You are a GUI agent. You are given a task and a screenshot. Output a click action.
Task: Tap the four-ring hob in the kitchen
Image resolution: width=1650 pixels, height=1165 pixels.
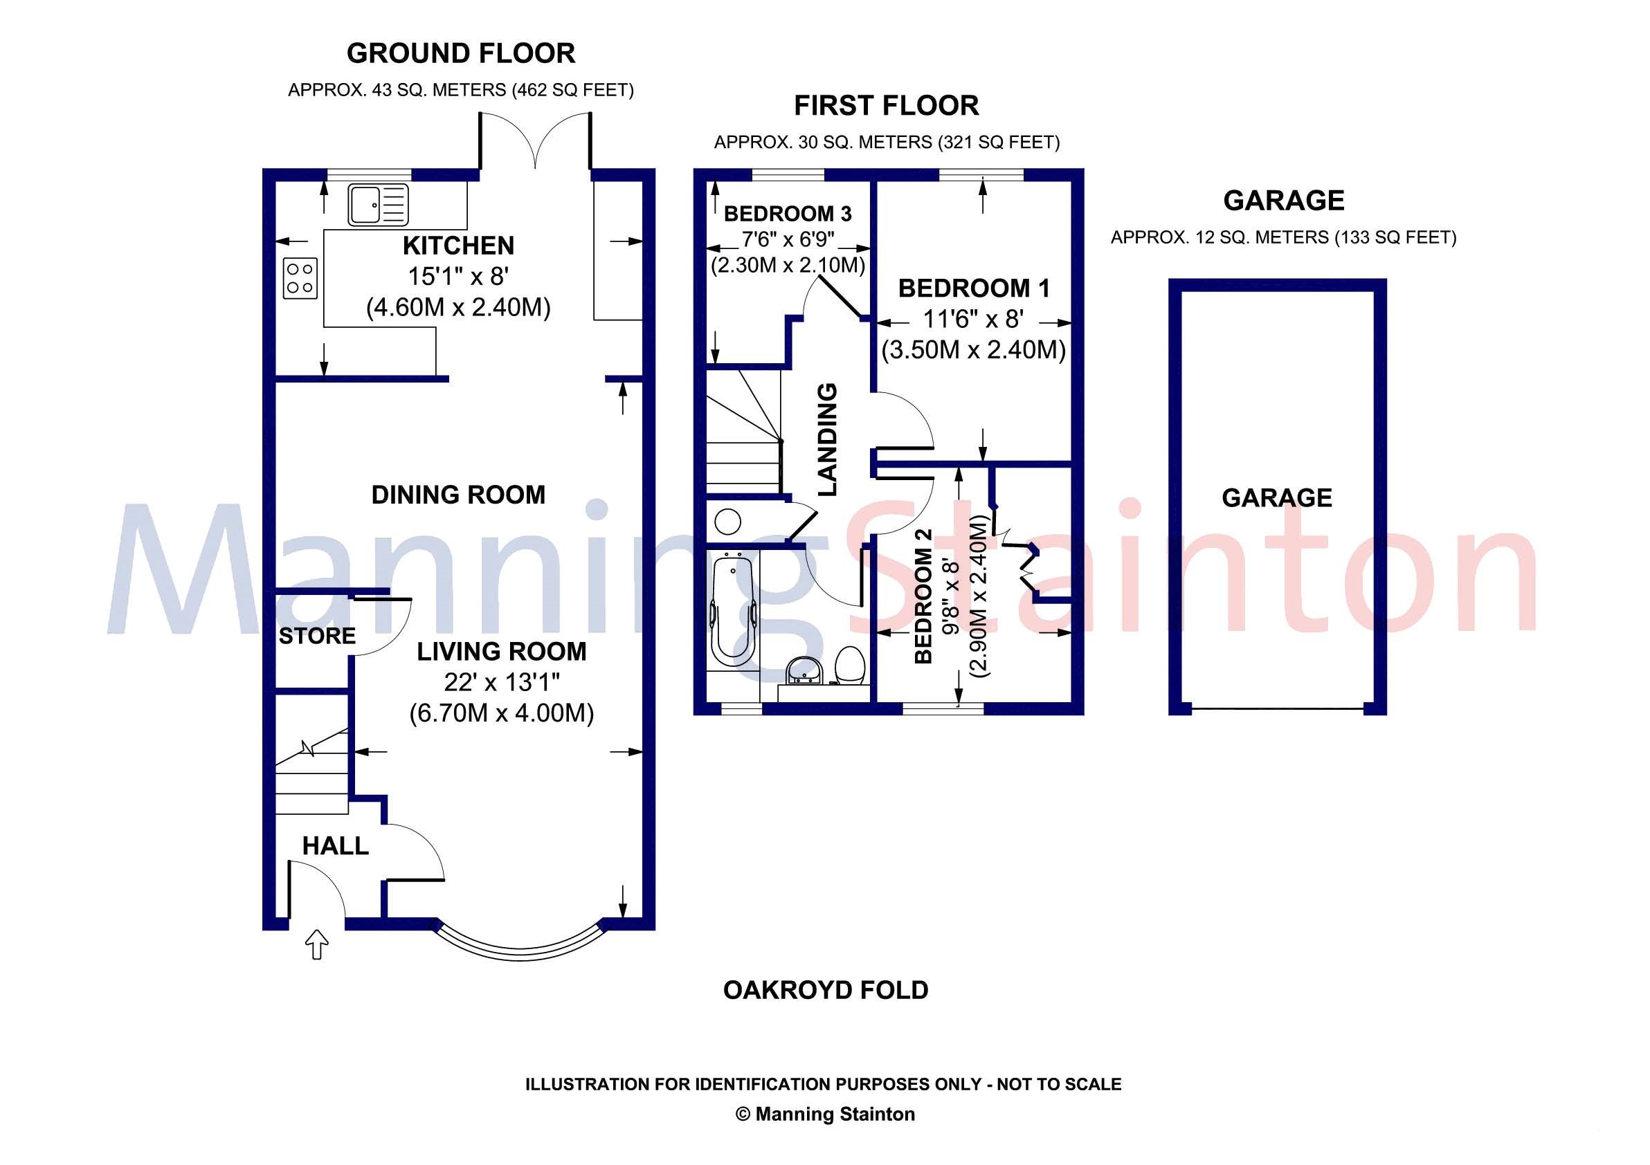coord(300,278)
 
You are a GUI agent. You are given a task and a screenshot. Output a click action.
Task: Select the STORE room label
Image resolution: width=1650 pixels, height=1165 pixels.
coord(317,636)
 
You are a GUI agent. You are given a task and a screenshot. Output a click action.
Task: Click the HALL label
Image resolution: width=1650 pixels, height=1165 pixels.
coord(336,846)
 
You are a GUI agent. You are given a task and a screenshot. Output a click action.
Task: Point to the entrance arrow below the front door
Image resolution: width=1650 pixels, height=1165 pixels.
coord(317,944)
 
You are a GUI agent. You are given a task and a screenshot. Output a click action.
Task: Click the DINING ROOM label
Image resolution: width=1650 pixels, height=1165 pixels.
coord(458,495)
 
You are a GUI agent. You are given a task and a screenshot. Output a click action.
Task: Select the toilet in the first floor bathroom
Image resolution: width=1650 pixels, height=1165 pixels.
coord(850,664)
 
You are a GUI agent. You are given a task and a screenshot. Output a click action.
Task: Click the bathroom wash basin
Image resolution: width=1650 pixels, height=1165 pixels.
coord(804,672)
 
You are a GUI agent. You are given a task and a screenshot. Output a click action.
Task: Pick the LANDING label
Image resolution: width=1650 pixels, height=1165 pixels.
coord(828,439)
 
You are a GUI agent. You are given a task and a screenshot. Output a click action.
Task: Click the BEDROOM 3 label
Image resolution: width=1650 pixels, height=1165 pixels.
coord(788,213)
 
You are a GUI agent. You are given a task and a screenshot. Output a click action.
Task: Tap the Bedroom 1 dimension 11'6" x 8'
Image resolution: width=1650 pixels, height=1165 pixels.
coord(974,319)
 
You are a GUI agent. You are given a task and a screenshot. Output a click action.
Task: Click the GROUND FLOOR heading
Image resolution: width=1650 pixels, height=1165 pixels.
coord(461,54)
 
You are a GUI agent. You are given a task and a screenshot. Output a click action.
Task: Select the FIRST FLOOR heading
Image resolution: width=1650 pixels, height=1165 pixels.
coord(886,107)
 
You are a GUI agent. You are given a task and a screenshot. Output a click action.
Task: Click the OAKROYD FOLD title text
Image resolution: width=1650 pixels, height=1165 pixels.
coord(826,991)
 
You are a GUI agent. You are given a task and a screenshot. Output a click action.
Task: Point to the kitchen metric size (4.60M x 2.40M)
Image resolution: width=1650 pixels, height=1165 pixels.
coord(458,308)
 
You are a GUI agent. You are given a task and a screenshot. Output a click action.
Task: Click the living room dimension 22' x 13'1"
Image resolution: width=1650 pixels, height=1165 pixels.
coord(502,682)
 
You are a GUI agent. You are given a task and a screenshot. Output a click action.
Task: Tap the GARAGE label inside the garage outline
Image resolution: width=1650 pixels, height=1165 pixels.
coord(1277,497)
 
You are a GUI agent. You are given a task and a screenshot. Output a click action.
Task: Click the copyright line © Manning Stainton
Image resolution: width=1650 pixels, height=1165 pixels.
coord(825,1114)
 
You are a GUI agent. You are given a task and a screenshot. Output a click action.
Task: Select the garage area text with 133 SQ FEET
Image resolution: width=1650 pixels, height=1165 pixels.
coord(1283,237)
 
